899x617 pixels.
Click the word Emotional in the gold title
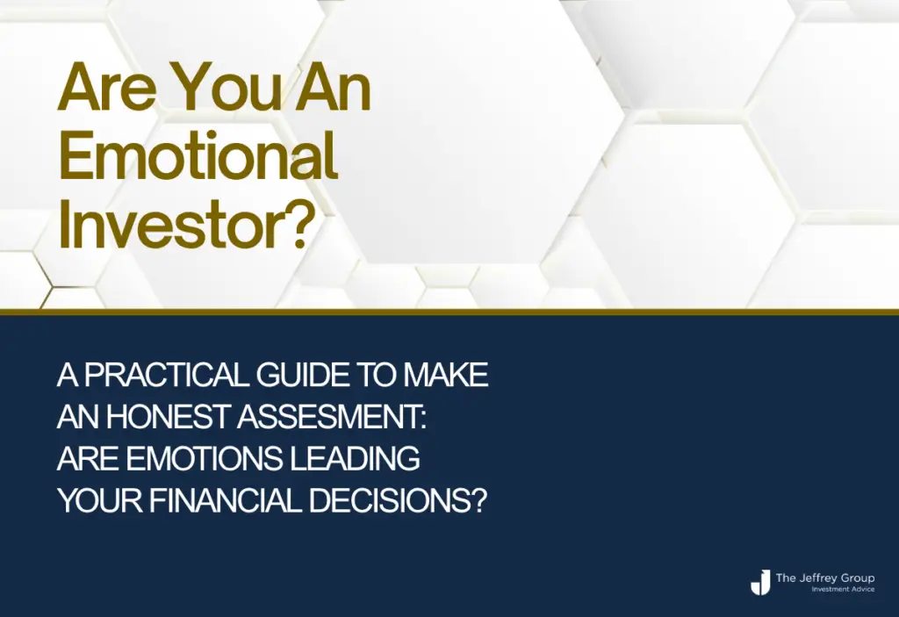tap(198, 154)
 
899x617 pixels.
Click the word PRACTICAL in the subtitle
tap(167, 375)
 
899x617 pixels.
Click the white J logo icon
tap(760, 582)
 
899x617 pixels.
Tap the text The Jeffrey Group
tap(825, 578)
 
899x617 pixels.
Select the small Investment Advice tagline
tap(843, 590)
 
